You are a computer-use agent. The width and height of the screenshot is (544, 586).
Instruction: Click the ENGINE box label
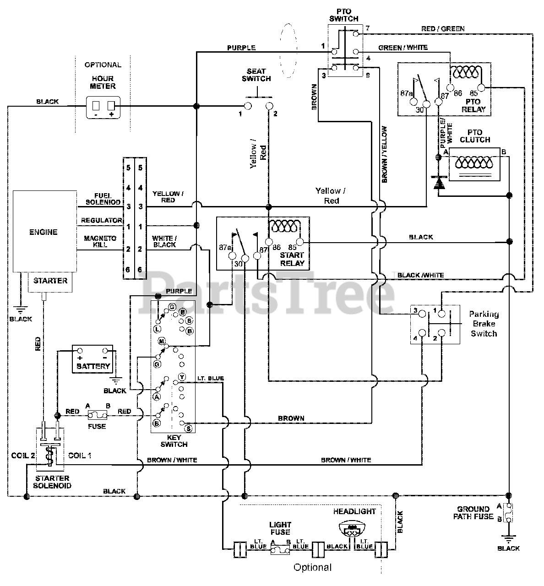point(44,232)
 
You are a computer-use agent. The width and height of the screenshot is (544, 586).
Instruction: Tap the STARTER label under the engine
point(50,281)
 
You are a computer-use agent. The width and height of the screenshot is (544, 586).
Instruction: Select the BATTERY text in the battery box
point(93,366)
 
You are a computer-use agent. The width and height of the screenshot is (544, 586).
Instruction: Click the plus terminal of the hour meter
point(111,106)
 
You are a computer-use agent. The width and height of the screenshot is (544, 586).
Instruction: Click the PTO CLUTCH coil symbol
point(474,163)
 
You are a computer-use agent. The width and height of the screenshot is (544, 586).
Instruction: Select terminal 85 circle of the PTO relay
point(481,87)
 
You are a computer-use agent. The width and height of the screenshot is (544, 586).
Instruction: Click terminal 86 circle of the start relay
point(269,242)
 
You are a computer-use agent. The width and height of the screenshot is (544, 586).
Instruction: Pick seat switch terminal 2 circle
point(269,106)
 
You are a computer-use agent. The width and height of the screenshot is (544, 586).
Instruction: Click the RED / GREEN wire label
point(443,29)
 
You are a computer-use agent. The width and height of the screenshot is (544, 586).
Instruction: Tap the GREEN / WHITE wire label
point(403,48)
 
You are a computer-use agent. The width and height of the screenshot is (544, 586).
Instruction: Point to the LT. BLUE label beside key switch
point(211,378)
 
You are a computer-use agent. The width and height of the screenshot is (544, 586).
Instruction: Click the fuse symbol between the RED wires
point(98,416)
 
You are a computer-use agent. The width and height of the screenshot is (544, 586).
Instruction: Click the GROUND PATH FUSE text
point(473,513)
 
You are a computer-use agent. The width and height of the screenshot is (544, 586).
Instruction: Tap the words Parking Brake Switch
point(484,324)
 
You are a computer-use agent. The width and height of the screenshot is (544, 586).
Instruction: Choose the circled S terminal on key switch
point(188,429)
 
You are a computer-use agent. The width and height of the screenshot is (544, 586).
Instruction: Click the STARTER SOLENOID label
point(52,482)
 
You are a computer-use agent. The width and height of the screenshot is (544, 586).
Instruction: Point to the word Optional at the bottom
point(313,567)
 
